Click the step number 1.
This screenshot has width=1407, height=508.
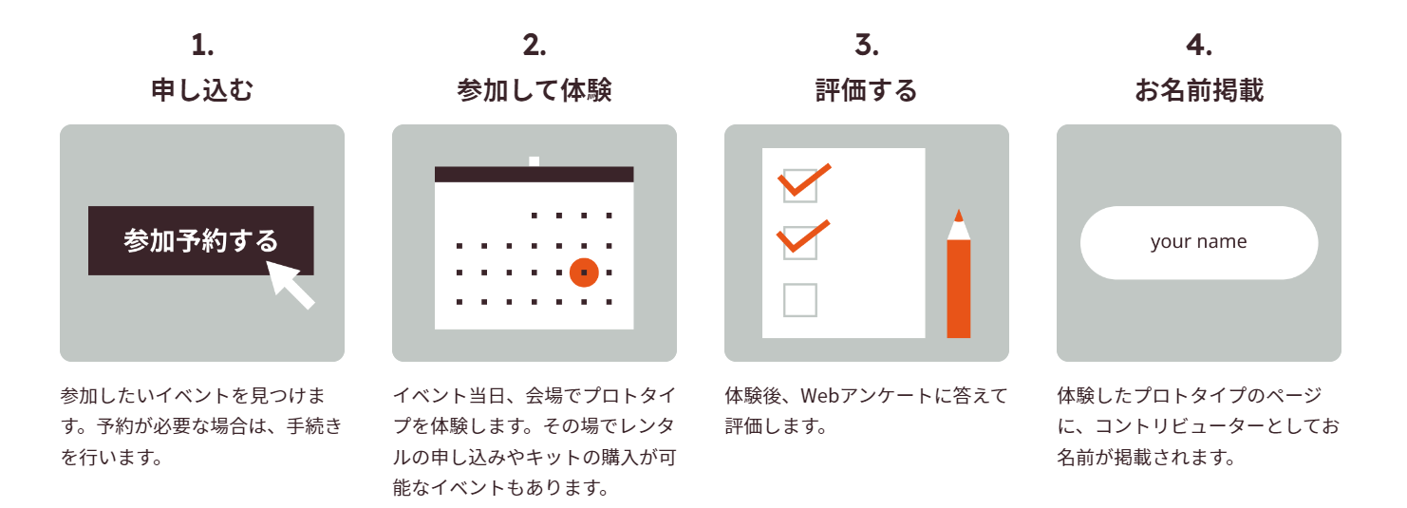pos(202,45)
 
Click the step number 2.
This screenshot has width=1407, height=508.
pos(535,45)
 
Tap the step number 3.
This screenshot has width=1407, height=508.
pos(867,45)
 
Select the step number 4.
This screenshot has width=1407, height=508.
pos(1199,45)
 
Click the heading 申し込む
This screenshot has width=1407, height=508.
pos(202,90)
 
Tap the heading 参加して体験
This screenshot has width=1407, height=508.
pos(535,90)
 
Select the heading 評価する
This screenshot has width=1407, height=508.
pos(867,90)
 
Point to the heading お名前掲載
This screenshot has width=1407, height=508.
pos(1199,90)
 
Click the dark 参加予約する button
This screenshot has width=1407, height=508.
pos(200,240)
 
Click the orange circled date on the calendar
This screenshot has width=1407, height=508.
pos(584,273)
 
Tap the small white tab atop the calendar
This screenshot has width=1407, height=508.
pos(535,161)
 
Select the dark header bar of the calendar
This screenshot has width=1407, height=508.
pos(535,175)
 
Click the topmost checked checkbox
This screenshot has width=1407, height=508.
pos(799,184)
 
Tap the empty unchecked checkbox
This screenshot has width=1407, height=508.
pos(799,300)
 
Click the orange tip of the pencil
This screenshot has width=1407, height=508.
pos(959,215)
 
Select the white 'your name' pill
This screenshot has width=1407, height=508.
pos(1199,242)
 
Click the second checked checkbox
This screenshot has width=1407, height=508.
pos(799,242)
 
